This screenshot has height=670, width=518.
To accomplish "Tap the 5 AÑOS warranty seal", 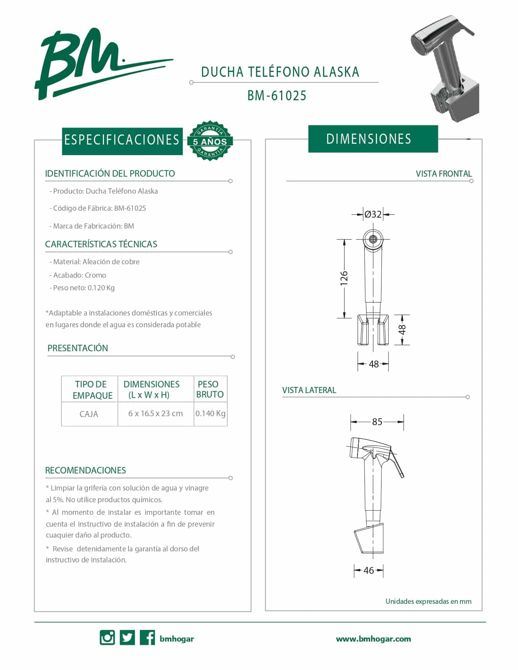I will [x=210, y=141].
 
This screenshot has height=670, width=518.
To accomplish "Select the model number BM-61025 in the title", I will [x=277, y=96].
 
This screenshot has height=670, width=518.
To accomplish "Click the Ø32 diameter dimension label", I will [x=373, y=214].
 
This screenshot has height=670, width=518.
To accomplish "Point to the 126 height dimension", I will [x=344, y=278].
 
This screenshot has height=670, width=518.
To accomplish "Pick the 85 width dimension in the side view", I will [x=377, y=422].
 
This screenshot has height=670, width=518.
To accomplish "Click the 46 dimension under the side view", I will [x=368, y=571].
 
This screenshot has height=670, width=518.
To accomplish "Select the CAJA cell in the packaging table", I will [x=89, y=414].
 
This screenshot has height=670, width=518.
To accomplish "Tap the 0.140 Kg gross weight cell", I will [x=210, y=413].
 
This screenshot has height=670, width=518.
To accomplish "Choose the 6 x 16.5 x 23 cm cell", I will [x=156, y=413].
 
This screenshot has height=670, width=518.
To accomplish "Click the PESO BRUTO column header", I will [x=210, y=389].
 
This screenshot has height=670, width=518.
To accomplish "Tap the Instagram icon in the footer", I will [x=107, y=638].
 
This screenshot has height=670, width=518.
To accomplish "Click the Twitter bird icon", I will [x=127, y=638].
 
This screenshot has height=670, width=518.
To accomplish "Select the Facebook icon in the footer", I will [x=147, y=638].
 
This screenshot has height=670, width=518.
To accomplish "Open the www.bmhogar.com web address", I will [x=373, y=639].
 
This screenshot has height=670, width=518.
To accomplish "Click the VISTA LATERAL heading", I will [x=309, y=390].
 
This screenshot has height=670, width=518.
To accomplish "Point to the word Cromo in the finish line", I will [x=95, y=275].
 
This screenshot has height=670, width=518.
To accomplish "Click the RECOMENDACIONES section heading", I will [x=85, y=471].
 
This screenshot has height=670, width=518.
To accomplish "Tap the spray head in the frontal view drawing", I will [x=373, y=239].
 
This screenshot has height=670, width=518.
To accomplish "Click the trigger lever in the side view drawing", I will [x=398, y=465].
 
